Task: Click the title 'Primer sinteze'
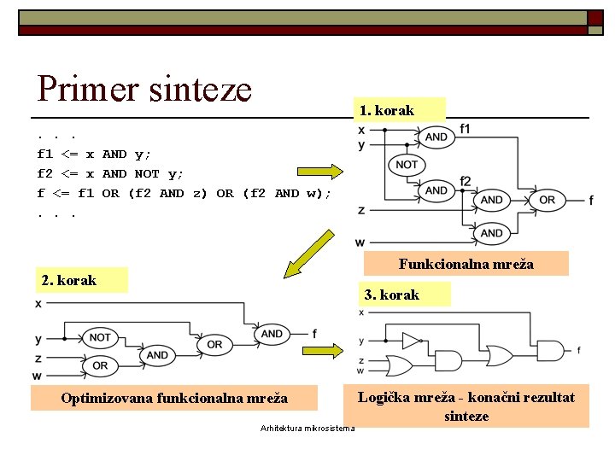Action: pos(144,88)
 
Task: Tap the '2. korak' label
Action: pos(69,280)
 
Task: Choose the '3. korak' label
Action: pos(391,295)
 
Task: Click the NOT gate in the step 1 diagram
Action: pos(407,164)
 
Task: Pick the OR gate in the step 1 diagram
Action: pos(547,200)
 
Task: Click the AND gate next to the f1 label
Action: pos(436,137)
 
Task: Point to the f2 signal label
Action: pos(466,181)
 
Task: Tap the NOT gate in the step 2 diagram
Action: pos(100,337)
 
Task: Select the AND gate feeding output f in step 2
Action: pos(272,334)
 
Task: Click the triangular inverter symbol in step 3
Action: pos(412,341)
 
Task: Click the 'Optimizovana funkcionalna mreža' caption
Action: pos(174,398)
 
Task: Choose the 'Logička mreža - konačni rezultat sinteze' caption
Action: pos(466,406)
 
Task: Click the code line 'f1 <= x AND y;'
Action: pos(94,155)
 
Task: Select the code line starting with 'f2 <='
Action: pos(110,174)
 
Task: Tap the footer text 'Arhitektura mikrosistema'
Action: pos(307,429)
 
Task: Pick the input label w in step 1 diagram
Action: pos(360,242)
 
